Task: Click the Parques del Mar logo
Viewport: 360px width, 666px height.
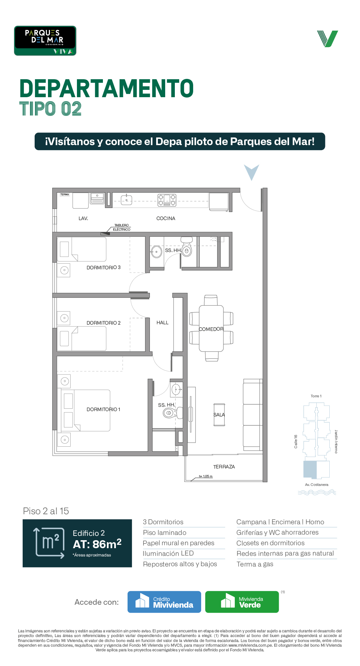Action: click(x=45, y=41)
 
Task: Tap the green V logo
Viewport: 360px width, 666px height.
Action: click(x=327, y=39)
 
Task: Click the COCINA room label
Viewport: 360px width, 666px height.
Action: click(x=166, y=218)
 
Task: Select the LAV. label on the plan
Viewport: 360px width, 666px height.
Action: click(x=83, y=218)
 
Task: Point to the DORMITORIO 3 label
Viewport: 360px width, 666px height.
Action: click(x=104, y=267)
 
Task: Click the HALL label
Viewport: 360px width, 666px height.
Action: click(x=163, y=323)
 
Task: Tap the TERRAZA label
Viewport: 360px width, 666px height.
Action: click(x=224, y=467)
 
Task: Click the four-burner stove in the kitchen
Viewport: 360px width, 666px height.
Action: click(x=167, y=200)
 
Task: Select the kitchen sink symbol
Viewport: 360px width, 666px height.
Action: click(x=127, y=200)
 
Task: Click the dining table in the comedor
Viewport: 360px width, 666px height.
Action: click(x=211, y=329)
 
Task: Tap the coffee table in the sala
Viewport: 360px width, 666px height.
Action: click(x=219, y=414)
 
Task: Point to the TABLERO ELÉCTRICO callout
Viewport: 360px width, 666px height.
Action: click(x=122, y=227)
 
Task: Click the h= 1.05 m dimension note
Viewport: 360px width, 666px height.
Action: click(x=206, y=476)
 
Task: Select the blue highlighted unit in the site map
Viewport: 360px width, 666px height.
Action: click(x=310, y=470)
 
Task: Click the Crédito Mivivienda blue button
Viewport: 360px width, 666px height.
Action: click(x=164, y=602)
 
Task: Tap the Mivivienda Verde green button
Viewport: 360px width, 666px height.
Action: click(x=242, y=602)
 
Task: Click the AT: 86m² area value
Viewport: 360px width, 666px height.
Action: click(x=97, y=544)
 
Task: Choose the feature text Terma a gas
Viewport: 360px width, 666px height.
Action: click(x=255, y=564)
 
